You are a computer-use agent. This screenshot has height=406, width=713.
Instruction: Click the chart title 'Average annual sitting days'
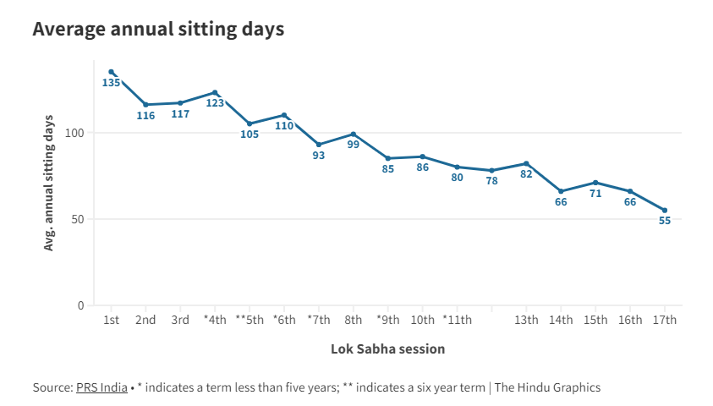click(158, 29)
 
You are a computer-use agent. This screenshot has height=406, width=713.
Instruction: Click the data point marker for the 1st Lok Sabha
click(111, 72)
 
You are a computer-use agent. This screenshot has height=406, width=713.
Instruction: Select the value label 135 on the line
click(111, 83)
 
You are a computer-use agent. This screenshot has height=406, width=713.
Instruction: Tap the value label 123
click(215, 103)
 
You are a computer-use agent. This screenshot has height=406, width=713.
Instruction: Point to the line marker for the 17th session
click(665, 211)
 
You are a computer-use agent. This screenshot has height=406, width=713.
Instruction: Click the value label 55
click(665, 222)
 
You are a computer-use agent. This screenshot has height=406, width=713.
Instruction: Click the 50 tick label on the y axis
click(79, 219)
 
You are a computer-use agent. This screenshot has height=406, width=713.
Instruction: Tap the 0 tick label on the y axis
click(81, 305)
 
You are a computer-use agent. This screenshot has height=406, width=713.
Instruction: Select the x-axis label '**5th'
click(250, 321)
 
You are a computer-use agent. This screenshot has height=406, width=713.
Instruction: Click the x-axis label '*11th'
click(457, 321)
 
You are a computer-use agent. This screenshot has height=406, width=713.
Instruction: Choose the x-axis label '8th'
click(354, 321)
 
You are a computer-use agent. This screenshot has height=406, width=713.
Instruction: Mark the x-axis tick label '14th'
click(561, 321)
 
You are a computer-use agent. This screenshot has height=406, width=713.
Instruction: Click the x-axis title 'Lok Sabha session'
click(387, 348)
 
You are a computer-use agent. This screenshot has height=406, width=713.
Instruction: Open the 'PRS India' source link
click(101, 387)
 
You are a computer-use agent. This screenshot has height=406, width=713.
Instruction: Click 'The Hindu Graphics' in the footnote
click(547, 387)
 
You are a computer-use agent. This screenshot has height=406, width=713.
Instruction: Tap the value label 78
click(491, 181)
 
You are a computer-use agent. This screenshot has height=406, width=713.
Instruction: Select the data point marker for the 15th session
click(595, 183)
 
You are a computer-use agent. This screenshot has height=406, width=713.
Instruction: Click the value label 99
click(354, 145)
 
